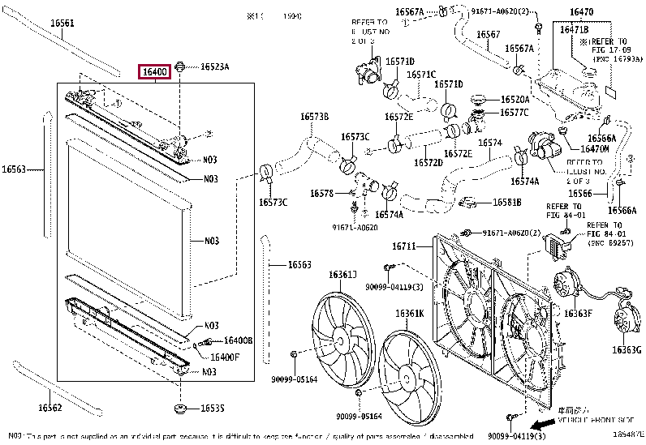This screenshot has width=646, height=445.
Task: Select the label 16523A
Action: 214,67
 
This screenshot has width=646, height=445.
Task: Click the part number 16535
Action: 213,408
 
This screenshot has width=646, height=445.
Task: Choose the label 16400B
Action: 238,340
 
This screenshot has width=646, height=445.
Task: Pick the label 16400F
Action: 225,357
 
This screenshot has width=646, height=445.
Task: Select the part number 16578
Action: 321,193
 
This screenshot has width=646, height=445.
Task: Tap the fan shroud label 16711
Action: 403,246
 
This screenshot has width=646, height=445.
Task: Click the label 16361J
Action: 342,275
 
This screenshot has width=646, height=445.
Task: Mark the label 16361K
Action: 410,314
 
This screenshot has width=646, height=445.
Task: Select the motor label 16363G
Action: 626,349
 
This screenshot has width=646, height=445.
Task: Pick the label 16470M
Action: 595,148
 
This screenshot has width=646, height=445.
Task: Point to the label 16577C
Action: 514,113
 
